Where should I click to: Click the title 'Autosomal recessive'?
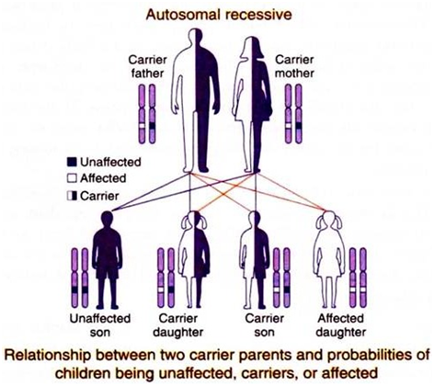(219, 15)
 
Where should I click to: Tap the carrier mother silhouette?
(253, 104)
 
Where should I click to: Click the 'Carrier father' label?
(147, 66)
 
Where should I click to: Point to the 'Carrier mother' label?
(294, 66)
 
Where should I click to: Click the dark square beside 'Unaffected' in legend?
(72, 162)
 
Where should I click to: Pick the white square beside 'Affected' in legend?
(72, 178)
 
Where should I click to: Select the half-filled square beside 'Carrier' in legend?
(72, 196)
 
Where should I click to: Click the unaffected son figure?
(107, 260)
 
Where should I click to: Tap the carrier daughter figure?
(194, 259)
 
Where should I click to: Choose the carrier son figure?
(255, 260)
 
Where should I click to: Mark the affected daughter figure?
(328, 259)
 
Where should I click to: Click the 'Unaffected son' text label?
(100, 325)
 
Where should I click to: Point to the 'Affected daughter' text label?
(341, 325)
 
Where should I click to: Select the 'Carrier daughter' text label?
(178, 325)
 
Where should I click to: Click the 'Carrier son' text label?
(264, 325)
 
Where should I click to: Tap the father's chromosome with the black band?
(152, 114)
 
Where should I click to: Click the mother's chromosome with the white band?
(288, 114)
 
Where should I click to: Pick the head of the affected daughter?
(328, 221)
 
